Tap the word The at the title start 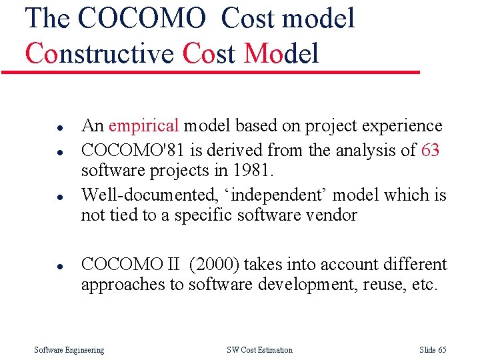pyautogui.click(x=47, y=18)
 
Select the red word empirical pyautogui.click(x=143, y=125)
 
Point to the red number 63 pyautogui.click(x=431, y=150)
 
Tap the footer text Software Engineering pyautogui.click(x=69, y=350)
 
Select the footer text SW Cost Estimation pyautogui.click(x=259, y=350)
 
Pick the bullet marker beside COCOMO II pyautogui.click(x=41, y=266)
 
